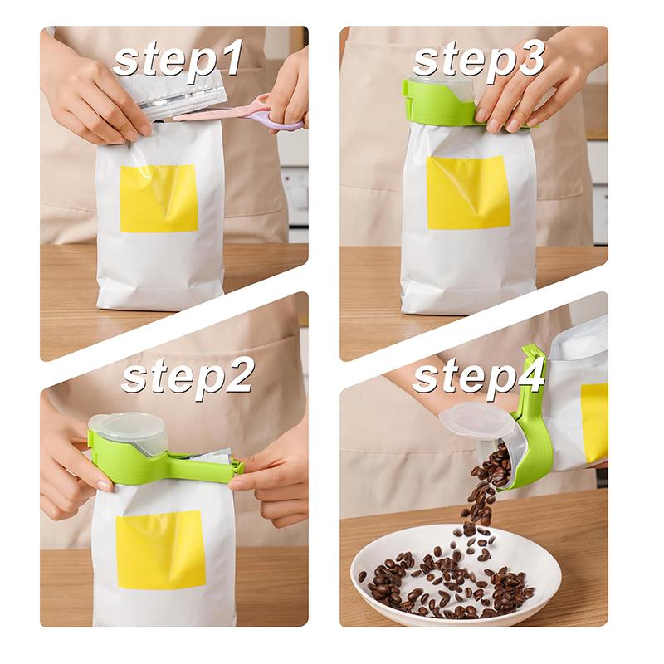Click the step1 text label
[178, 60]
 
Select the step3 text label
[478, 60]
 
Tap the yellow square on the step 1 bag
[159, 198]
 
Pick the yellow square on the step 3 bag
[468, 192]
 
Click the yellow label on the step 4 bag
[594, 422]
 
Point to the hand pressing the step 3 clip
[524, 91]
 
